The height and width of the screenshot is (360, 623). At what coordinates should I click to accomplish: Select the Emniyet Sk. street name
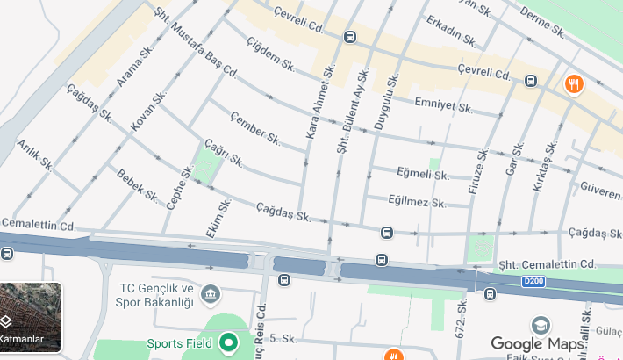pos(443,106)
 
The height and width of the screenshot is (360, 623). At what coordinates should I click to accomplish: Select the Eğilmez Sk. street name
pos(418,201)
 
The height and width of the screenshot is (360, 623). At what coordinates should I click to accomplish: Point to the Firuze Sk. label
pos(478,175)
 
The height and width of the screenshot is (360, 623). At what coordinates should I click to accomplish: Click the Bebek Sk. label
pos(136,184)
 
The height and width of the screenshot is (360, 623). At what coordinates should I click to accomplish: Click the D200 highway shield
pos(533,281)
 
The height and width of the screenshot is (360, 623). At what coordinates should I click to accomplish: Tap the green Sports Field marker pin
pos(229,342)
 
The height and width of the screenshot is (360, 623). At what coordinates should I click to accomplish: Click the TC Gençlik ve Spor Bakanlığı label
pos(154,295)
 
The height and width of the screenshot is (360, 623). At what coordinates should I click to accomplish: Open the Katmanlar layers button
pos(31,317)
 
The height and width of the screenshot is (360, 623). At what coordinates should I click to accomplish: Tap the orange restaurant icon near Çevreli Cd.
pos(573,84)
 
